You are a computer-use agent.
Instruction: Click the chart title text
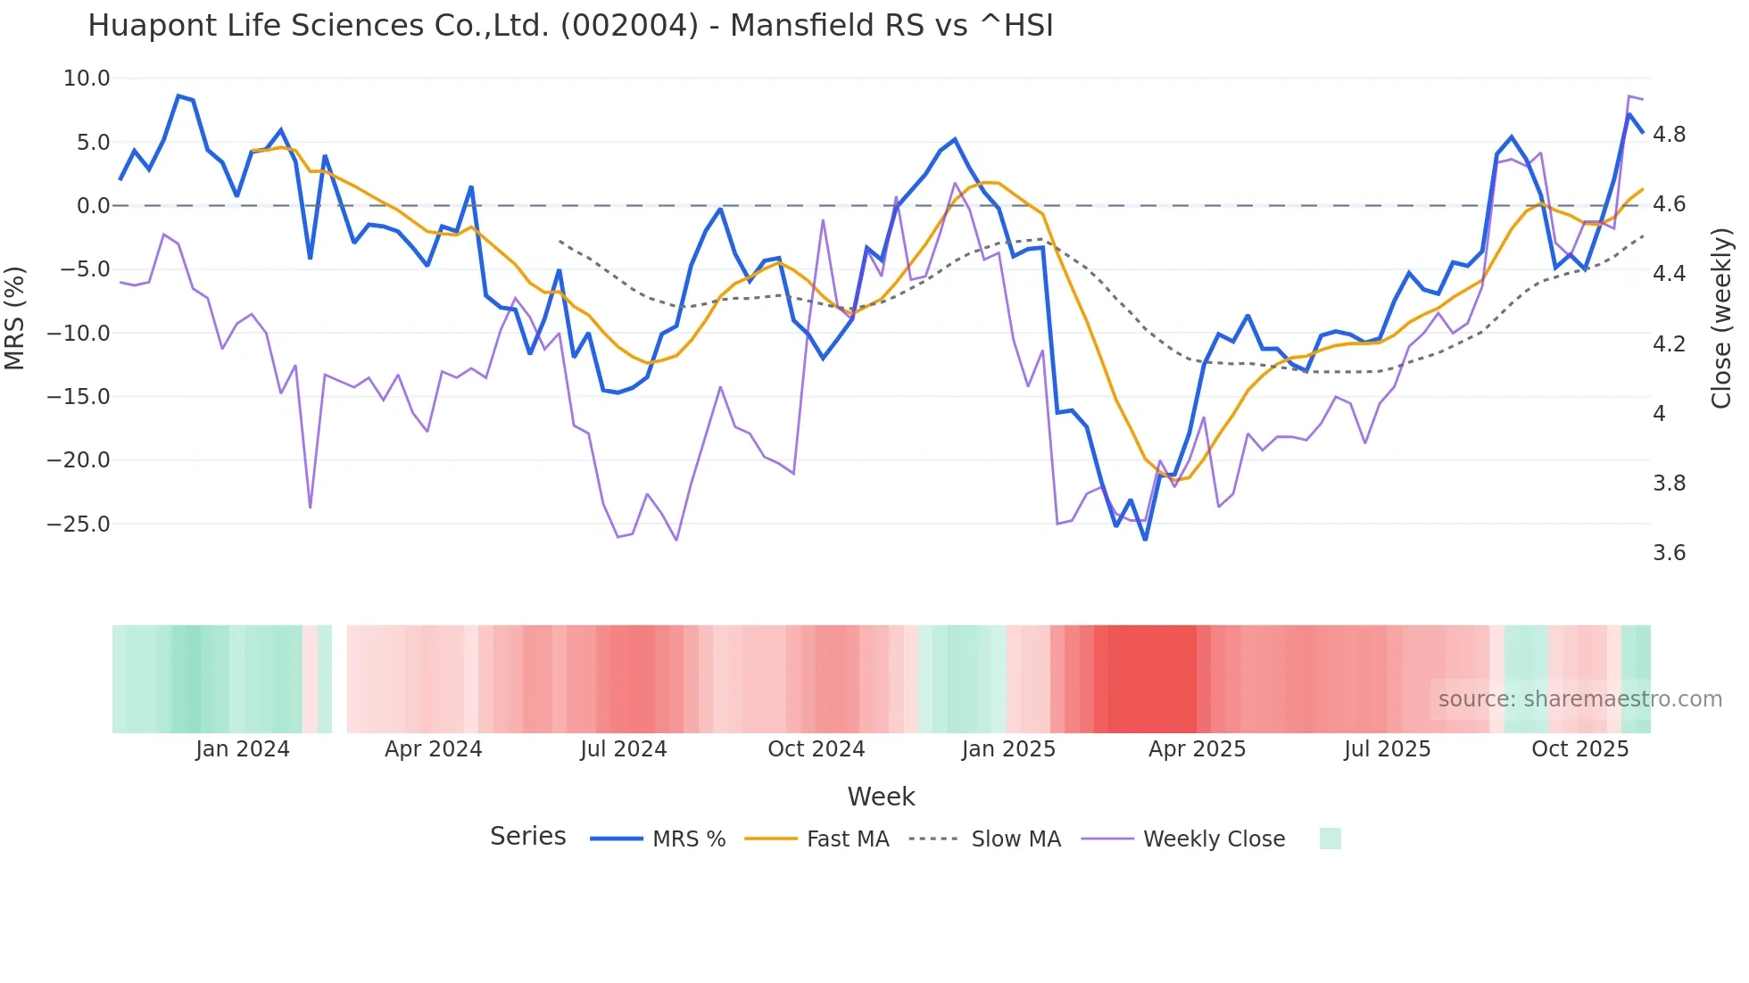pyautogui.click(x=570, y=26)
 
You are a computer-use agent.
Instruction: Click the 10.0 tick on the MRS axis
pyautogui.click(x=87, y=78)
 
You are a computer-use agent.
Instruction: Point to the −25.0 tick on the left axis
pyautogui.click(x=79, y=524)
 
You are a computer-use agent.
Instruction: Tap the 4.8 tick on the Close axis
pyautogui.click(x=1669, y=135)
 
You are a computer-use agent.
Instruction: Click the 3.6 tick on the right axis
pyautogui.click(x=1669, y=553)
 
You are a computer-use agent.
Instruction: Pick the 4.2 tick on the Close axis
pyautogui.click(x=1669, y=344)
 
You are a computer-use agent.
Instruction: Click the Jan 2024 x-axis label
pyautogui.click(x=243, y=749)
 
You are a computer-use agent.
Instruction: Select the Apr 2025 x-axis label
pyautogui.click(x=1197, y=749)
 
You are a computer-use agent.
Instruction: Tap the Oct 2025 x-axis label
pyautogui.click(x=1579, y=749)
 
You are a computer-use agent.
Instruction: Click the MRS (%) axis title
pyautogui.click(x=15, y=318)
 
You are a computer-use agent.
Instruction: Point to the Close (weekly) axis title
pyautogui.click(x=1721, y=318)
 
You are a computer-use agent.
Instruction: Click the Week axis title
pyautogui.click(x=881, y=797)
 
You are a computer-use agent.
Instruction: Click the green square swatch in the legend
pyautogui.click(x=1330, y=838)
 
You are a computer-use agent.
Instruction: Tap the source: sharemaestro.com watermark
pyautogui.click(x=1579, y=699)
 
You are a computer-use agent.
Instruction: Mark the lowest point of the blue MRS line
pyautogui.click(x=1145, y=539)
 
